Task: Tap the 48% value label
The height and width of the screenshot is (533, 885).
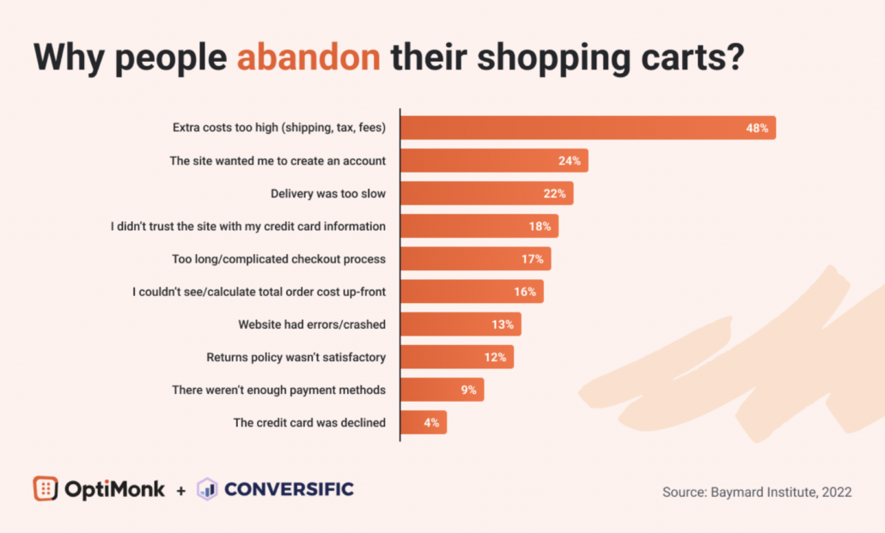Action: pos(757,128)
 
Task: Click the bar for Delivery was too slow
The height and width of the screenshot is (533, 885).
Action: pos(486,193)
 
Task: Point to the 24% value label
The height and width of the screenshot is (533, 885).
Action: pos(569,161)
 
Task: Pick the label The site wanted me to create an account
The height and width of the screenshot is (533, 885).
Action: pos(278,161)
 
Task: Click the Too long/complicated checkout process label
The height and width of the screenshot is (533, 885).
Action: pos(279,258)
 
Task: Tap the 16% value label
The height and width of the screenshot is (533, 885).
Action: pos(525,292)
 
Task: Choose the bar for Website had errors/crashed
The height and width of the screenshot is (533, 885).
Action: pos(461,324)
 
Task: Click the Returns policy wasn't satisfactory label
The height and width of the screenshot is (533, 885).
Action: pos(296,357)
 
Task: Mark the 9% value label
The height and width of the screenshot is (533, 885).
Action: pos(468,390)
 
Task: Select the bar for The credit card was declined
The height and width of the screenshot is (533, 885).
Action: pos(424,422)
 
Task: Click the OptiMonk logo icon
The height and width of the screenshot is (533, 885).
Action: pos(46,488)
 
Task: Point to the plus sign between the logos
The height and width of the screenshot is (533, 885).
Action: pos(180,490)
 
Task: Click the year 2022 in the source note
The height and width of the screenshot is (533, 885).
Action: pos(836,492)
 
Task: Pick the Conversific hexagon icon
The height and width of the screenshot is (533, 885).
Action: pos(207,489)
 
